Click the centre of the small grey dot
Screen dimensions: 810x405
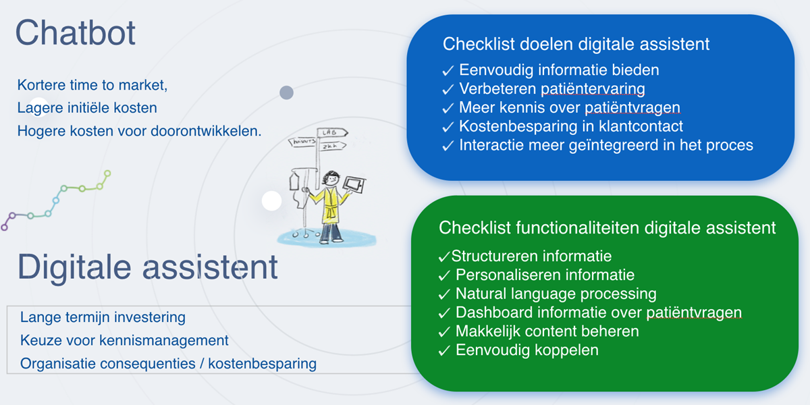286,92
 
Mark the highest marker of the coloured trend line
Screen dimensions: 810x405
107,173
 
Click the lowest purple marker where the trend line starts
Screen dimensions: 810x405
4,227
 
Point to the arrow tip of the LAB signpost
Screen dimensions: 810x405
348,133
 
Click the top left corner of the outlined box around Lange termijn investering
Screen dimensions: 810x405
7,306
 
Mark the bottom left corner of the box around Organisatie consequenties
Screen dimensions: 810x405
7,373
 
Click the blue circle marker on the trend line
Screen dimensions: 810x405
55,200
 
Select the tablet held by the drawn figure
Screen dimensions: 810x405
354,185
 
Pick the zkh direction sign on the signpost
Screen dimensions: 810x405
332,146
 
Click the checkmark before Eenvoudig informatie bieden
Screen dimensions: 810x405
448,70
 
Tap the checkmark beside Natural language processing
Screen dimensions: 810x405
444,294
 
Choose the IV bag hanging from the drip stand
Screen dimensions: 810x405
294,181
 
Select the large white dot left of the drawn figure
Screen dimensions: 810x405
271,200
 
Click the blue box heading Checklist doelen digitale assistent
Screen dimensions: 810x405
576,44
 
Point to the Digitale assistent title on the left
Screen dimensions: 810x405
148,267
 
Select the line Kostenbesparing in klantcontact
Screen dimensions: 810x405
571,126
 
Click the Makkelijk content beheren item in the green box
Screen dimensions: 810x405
547,331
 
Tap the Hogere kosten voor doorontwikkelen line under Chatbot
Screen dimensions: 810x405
139,131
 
